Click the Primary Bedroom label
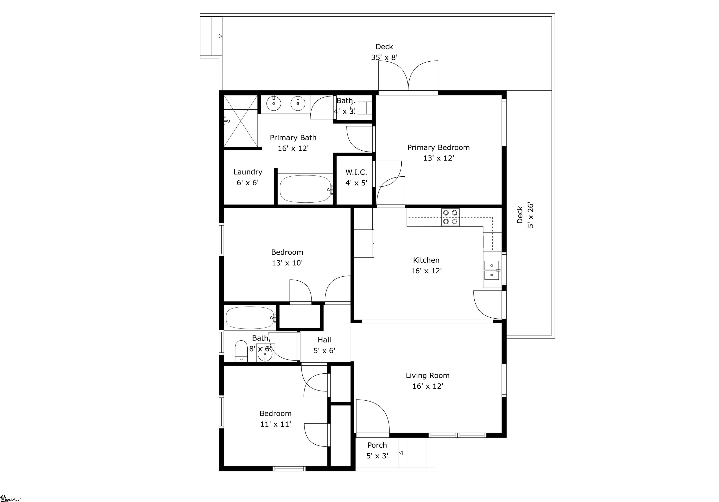click(x=438, y=148)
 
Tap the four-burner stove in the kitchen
click(x=450, y=217)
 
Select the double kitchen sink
click(x=492, y=270)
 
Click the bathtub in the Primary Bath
click(x=305, y=189)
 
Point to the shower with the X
click(x=241, y=121)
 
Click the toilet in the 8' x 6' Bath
click(x=241, y=351)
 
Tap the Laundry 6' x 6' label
click(x=247, y=177)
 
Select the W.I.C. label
click(x=356, y=172)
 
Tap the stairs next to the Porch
click(x=417, y=453)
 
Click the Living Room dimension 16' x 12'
click(x=427, y=386)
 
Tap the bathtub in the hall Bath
click(x=250, y=317)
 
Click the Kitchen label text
click(x=426, y=260)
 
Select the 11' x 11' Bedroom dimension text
click(x=275, y=424)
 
